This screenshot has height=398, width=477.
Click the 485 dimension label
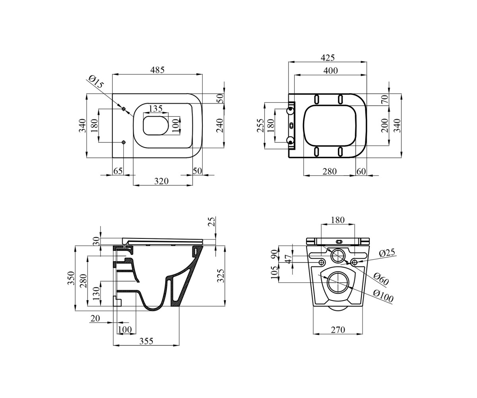pos(157,70)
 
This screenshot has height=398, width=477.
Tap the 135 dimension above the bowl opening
pos(156,108)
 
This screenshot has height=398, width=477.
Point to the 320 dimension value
pos(161,181)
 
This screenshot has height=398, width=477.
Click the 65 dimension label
pos(118,171)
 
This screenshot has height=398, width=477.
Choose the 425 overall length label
pos(328,58)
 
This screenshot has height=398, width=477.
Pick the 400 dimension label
pos(331,71)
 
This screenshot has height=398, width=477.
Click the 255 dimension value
pos(260,125)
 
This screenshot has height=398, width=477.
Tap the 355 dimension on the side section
pos(146,341)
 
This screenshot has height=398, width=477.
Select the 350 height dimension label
pos(71,278)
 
